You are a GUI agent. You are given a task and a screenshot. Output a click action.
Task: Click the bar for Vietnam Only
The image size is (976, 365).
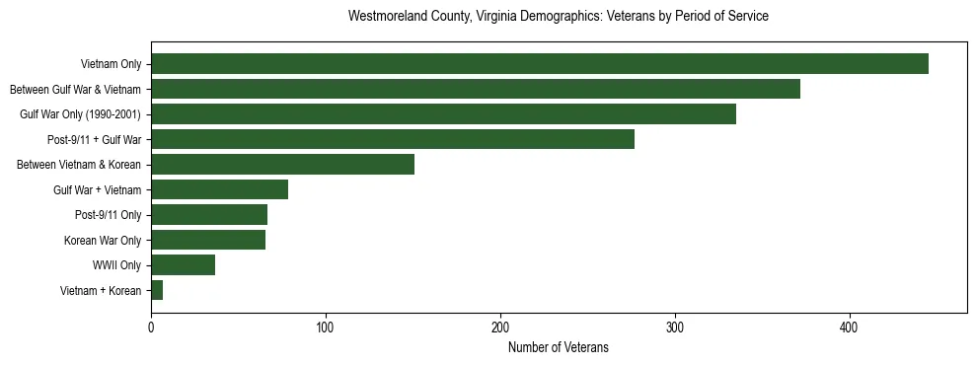(x=540, y=64)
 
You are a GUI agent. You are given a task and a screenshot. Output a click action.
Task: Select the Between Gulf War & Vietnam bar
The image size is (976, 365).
(x=476, y=90)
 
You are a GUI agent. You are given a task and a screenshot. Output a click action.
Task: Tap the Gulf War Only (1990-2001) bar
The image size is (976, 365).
(x=443, y=114)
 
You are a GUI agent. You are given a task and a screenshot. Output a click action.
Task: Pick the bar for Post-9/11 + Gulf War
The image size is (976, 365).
(x=393, y=139)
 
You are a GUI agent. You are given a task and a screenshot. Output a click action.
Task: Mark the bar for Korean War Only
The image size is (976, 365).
(x=208, y=240)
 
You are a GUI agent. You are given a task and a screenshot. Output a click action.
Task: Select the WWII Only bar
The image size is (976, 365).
(x=183, y=264)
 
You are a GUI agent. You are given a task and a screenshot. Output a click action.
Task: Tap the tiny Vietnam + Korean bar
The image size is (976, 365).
(x=157, y=290)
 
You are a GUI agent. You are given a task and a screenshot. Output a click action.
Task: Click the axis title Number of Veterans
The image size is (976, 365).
(x=559, y=347)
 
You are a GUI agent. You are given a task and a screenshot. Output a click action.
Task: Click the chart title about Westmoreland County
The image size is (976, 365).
(x=559, y=17)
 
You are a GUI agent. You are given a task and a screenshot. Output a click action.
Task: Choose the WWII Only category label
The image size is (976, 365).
(x=116, y=265)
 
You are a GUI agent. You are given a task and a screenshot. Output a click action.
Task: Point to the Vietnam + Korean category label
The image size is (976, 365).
(x=101, y=290)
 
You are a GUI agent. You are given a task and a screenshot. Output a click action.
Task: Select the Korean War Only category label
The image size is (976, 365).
(x=103, y=240)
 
